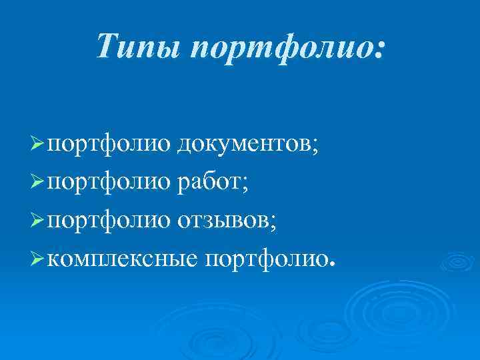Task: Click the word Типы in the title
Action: [x=138, y=47]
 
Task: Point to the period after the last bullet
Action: [x=329, y=263]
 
